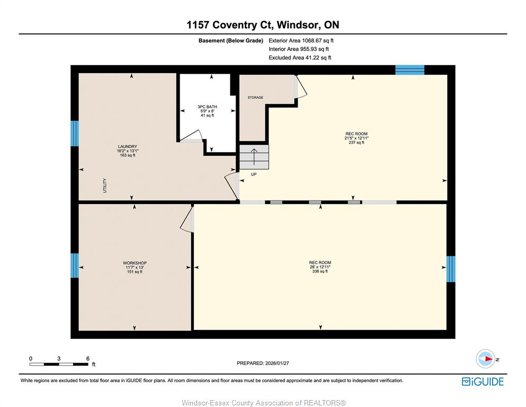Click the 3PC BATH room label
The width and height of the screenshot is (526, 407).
207,107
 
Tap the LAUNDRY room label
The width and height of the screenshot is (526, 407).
128,147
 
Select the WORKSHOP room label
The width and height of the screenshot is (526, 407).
135,263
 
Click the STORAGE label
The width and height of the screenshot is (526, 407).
255,98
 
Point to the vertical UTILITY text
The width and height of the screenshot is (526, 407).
105,185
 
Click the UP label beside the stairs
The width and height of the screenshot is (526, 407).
254,174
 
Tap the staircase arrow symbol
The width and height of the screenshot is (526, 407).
254,157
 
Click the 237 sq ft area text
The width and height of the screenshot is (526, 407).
356,143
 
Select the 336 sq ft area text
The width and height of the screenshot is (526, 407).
320,271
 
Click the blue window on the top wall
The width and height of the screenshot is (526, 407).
409,70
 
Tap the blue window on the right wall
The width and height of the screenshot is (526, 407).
451,269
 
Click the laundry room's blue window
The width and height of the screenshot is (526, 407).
75,134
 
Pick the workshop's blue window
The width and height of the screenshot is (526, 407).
75,266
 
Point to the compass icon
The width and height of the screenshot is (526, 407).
486,359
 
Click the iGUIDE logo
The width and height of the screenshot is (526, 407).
483,382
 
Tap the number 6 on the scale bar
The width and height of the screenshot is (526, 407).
88,358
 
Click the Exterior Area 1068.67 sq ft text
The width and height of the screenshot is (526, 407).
301,41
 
